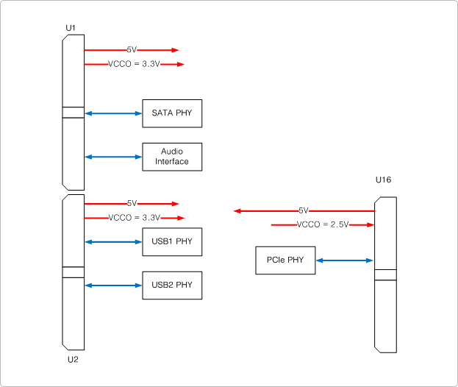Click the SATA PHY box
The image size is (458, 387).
pyautogui.click(x=171, y=113)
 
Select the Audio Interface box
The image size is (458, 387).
pyautogui.click(x=171, y=157)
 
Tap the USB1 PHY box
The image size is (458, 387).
pyautogui.click(x=171, y=241)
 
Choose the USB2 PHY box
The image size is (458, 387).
pyautogui.click(x=171, y=285)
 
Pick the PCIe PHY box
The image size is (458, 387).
pyautogui.click(x=285, y=260)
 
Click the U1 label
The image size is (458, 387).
pyautogui.click(x=71, y=28)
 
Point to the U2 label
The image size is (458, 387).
pyautogui.click(x=73, y=360)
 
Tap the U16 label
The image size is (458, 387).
pyautogui.click(x=383, y=180)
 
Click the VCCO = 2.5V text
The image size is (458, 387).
pyautogui.click(x=322, y=224)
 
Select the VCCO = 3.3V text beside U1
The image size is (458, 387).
pyautogui.click(x=134, y=64)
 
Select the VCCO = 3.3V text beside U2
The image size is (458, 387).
pyautogui.click(x=134, y=218)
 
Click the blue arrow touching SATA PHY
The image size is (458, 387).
pyautogui.click(x=113, y=113)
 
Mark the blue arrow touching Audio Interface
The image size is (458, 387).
pyautogui.click(x=113, y=157)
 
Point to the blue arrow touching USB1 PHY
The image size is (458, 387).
pyautogui.click(x=113, y=241)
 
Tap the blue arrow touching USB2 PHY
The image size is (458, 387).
pyautogui.click(x=113, y=285)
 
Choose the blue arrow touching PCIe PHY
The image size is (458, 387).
pyautogui.click(x=344, y=260)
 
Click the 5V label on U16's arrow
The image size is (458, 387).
pyautogui.click(x=304, y=210)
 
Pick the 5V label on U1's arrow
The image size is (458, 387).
pyautogui.click(x=132, y=49)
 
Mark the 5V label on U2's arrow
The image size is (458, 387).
pyautogui.click(x=132, y=203)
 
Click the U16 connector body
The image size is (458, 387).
pyautogui.click(x=385, y=309)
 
